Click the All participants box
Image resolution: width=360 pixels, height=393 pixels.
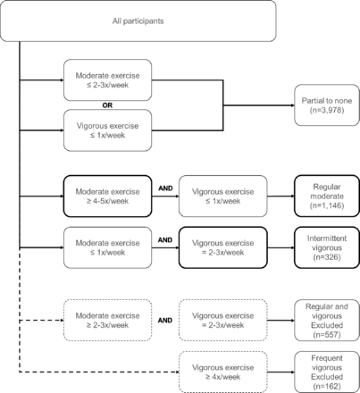tap(138, 21)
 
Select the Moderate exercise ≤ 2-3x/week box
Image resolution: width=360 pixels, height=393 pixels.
tap(107, 80)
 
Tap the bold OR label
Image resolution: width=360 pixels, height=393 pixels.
tap(107, 105)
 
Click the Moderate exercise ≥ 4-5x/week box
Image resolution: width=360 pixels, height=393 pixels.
tap(107, 196)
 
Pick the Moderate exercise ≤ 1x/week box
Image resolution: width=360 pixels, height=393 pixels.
tap(107, 247)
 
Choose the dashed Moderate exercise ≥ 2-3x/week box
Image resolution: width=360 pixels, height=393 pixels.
tap(107, 321)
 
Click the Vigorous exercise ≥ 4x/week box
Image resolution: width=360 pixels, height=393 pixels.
tap(223, 372)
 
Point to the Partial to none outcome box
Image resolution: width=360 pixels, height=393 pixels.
tap(327, 105)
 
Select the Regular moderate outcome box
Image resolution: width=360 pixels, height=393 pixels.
tap(327, 196)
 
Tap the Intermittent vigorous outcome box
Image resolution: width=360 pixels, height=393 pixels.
tap(327, 247)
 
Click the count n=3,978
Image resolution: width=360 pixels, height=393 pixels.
tap(327, 110)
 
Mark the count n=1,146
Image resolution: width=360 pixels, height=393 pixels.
tap(327, 205)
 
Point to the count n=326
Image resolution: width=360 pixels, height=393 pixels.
tap(327, 257)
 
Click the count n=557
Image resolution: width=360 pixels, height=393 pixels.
tap(327, 335)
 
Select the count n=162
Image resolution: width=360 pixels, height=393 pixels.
tap(327, 386)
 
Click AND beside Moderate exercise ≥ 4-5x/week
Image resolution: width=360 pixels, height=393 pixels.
tap(165, 188)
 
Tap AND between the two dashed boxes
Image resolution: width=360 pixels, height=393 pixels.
tap(165, 321)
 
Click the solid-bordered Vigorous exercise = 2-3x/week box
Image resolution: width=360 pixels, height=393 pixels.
tap(223, 247)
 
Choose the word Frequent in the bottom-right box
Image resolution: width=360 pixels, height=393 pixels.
tap(327, 358)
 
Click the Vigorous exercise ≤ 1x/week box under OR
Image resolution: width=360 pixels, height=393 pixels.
tap(107, 130)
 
